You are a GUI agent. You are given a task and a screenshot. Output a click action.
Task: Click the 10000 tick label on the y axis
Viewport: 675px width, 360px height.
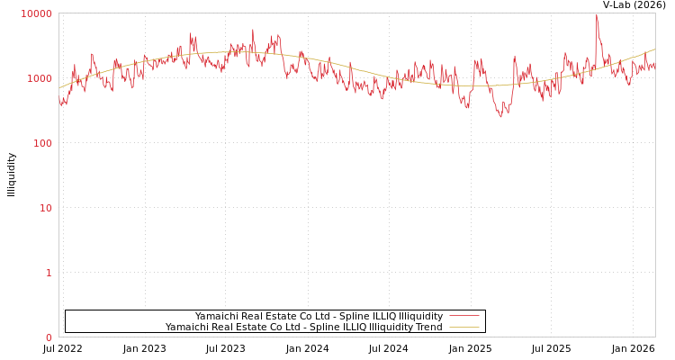point(37,13)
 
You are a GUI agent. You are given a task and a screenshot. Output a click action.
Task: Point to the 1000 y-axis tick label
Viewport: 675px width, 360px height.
point(40,78)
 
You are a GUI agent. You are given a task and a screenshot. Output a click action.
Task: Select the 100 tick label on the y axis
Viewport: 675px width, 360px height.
point(42,143)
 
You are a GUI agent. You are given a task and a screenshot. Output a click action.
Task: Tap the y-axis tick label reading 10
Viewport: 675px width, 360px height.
point(45,208)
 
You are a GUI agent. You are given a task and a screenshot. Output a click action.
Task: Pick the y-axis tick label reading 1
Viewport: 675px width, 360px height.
point(49,273)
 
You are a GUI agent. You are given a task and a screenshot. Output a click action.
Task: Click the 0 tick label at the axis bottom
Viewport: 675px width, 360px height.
point(49,337)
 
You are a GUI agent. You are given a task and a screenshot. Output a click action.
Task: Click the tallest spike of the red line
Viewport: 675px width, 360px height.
point(596,14)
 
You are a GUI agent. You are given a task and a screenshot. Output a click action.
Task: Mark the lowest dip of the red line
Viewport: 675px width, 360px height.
point(501,117)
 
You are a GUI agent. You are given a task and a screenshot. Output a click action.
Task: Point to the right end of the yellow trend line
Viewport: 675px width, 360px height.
point(654,49)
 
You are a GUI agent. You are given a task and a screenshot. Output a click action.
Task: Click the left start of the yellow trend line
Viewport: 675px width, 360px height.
point(59,88)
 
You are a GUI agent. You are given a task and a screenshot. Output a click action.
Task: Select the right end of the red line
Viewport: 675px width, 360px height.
point(654,65)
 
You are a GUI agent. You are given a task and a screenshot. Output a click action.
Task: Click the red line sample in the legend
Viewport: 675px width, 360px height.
point(463,316)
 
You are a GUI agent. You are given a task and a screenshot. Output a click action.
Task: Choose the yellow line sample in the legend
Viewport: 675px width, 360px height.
point(463,327)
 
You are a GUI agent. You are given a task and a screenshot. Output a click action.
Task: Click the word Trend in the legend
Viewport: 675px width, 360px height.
point(427,327)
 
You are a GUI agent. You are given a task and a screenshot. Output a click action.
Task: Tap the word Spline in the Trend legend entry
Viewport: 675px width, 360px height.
point(327,327)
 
